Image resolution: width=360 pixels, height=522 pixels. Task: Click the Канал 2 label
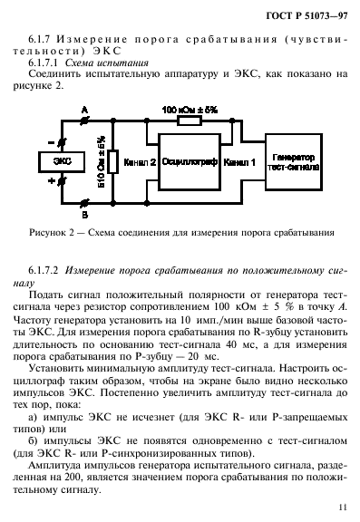[x=141, y=163]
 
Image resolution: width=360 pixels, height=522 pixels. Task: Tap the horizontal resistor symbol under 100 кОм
[x=190, y=121]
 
